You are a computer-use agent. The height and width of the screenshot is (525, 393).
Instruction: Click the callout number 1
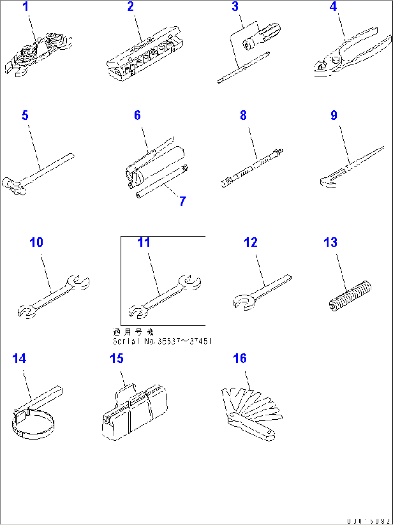click(x=26, y=7)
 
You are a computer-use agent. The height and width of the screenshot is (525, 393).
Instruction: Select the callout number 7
click(x=183, y=201)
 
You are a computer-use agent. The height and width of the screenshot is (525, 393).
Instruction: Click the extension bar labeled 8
click(x=251, y=168)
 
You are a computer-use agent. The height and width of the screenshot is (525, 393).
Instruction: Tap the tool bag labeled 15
click(x=135, y=413)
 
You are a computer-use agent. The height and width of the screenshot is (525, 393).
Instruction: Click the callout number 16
click(x=240, y=358)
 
